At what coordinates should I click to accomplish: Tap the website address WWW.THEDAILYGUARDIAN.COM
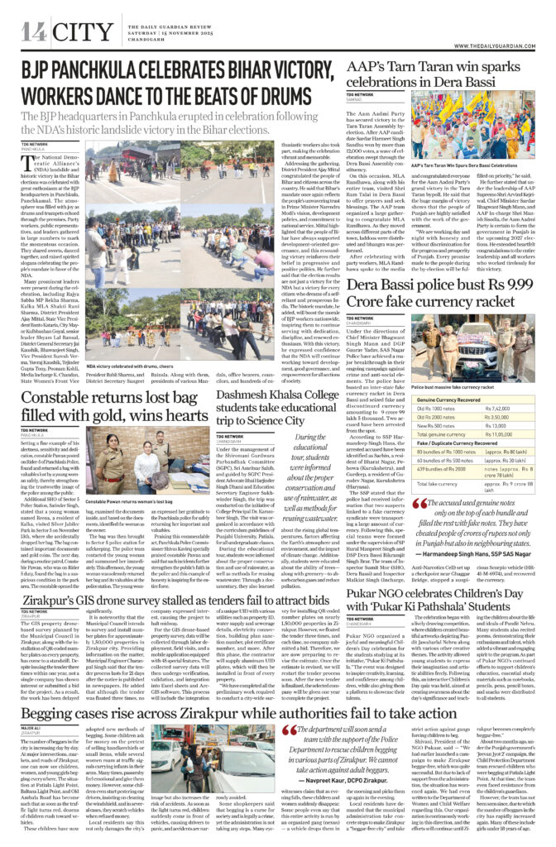point(505,35)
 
